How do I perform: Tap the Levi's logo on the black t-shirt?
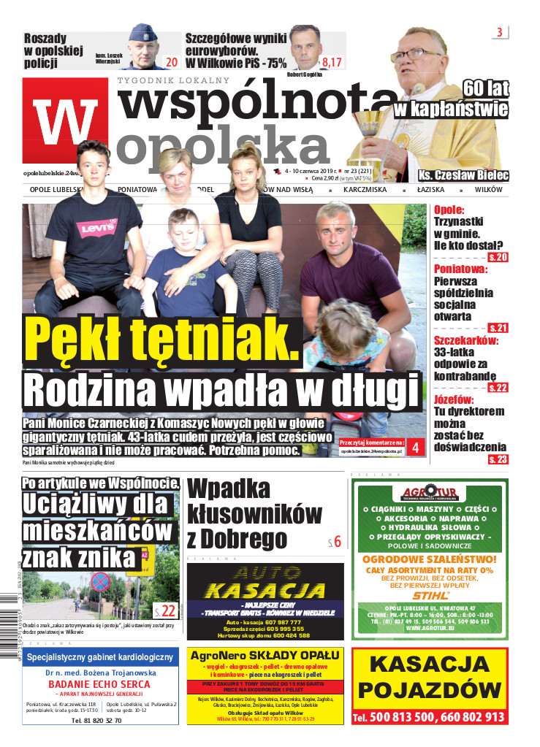(x=96, y=227)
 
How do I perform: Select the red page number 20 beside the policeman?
(x=172, y=62)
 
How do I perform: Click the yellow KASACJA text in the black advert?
(x=265, y=590)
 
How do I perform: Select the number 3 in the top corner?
(x=500, y=32)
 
